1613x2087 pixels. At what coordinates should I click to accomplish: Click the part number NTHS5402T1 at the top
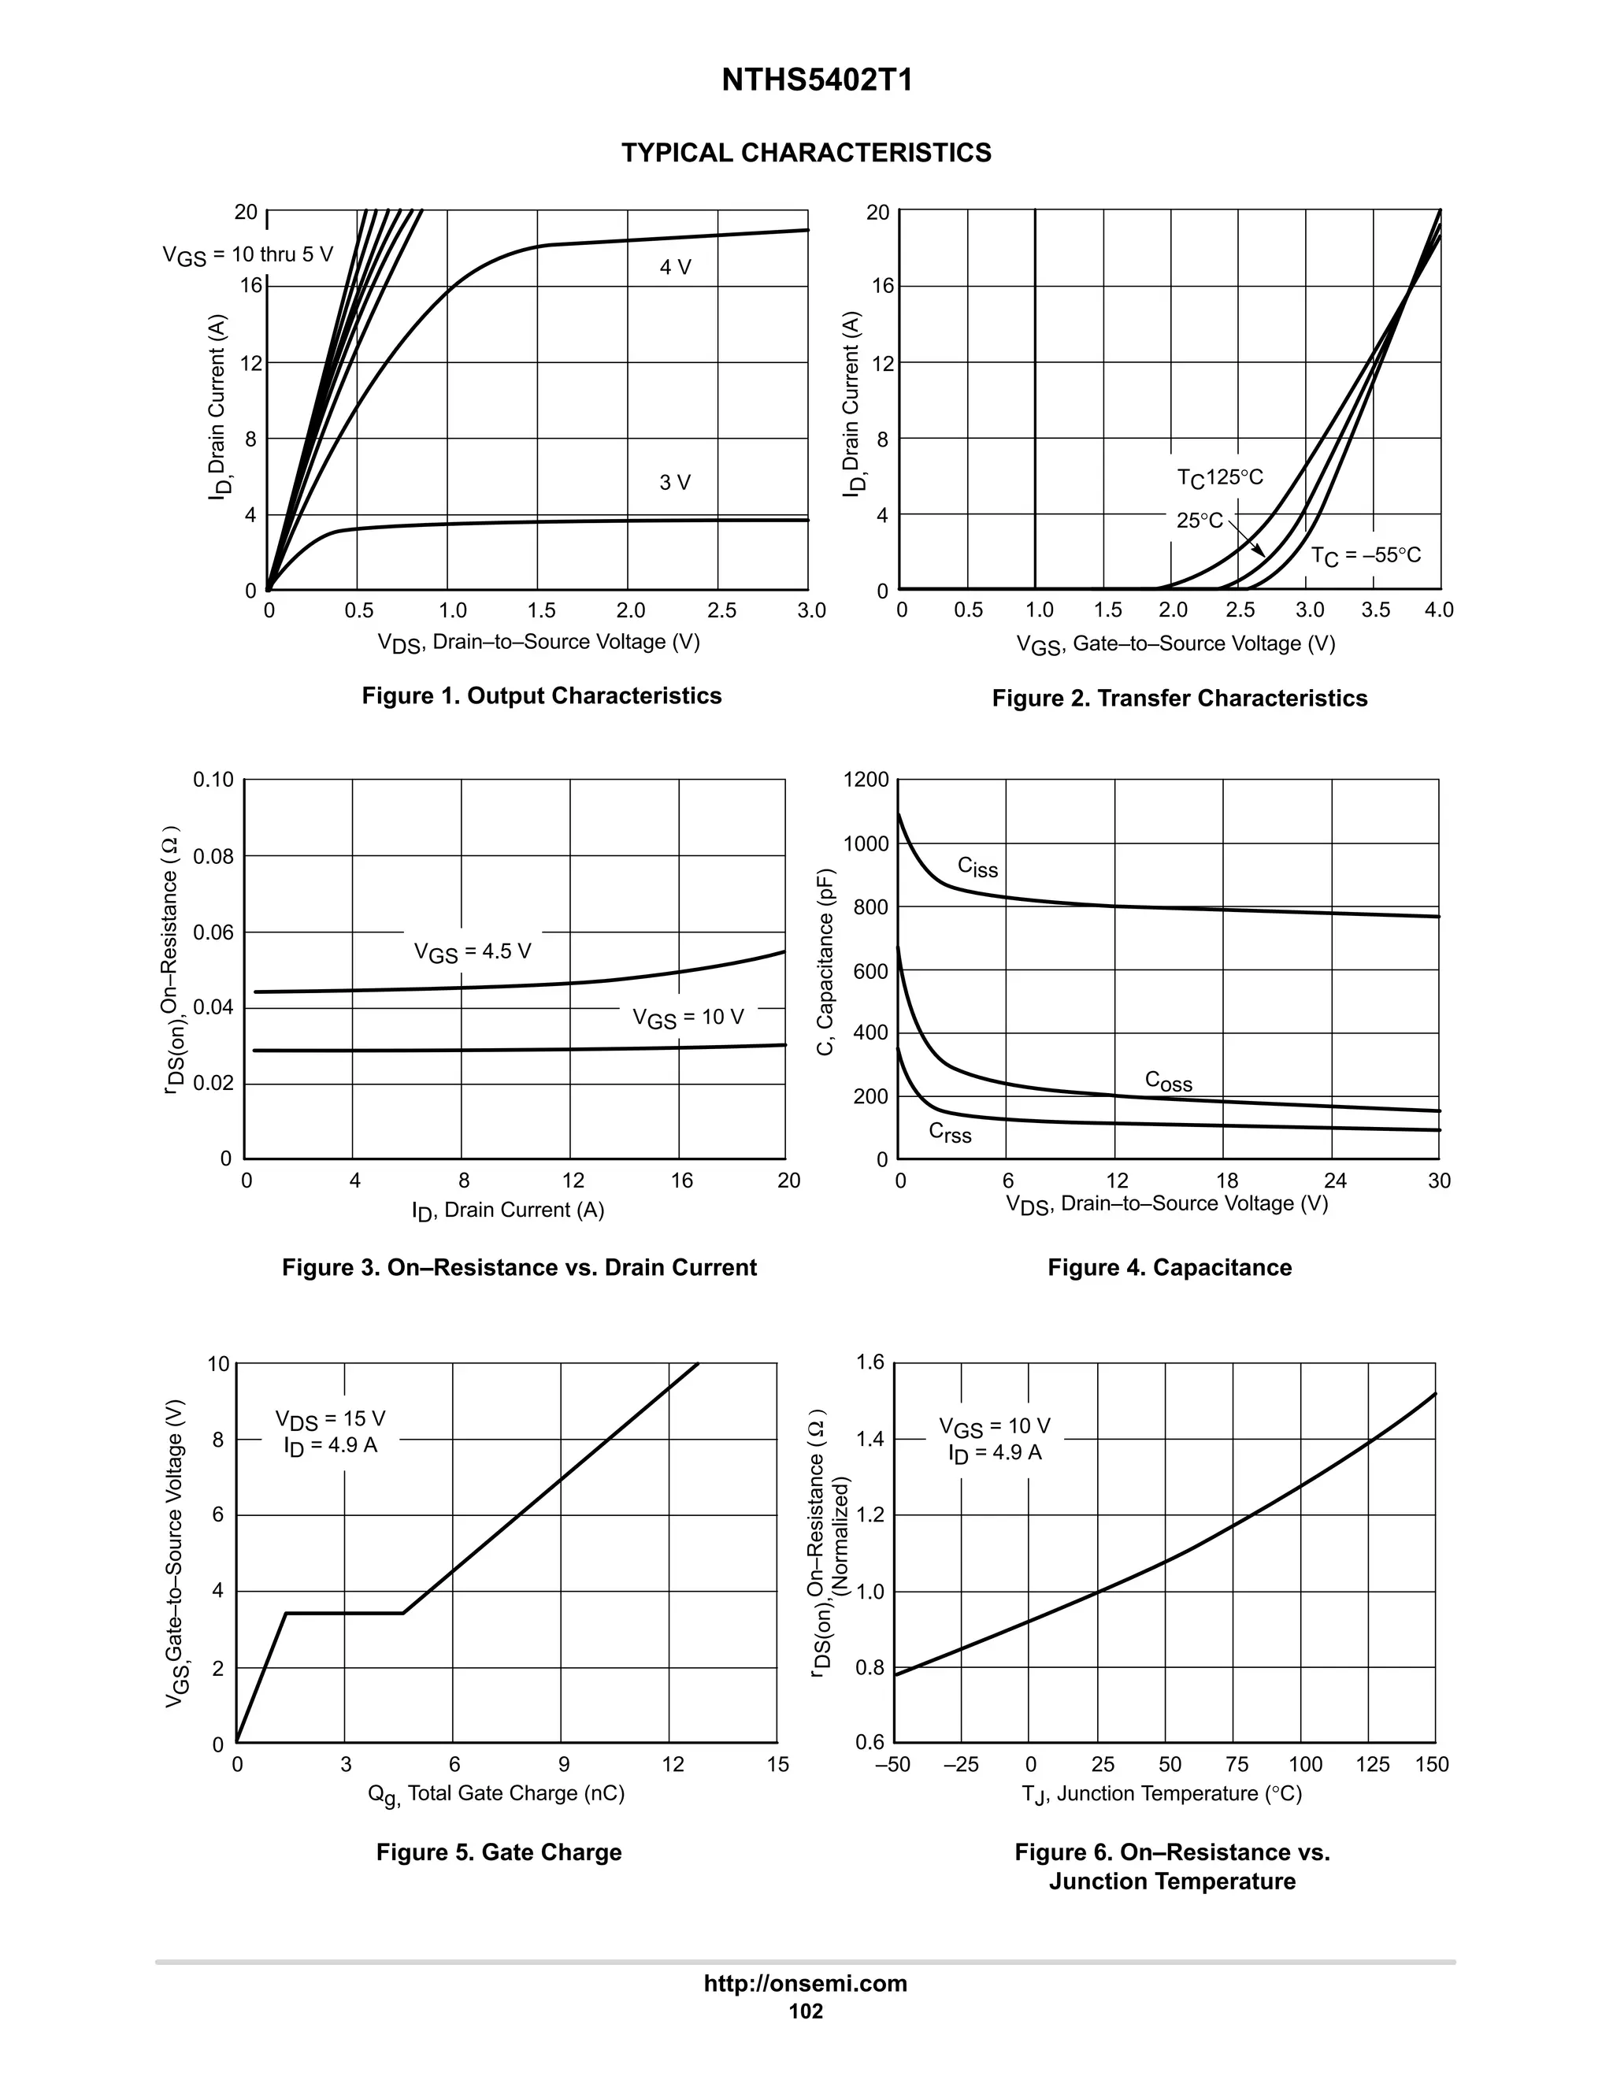(x=816, y=80)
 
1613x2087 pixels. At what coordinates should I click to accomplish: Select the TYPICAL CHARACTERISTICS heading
(x=806, y=153)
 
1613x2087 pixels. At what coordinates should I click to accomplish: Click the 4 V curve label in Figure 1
(x=675, y=268)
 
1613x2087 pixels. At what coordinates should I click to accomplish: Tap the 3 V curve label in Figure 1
(x=675, y=483)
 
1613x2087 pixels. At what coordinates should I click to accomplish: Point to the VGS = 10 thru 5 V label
(x=247, y=255)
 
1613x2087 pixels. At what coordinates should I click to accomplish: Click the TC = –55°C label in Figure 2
(x=1366, y=555)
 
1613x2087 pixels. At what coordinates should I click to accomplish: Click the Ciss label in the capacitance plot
(x=977, y=867)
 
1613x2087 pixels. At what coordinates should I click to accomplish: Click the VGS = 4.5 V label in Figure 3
(x=472, y=952)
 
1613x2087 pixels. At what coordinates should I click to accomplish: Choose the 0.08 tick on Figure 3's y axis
(x=213, y=856)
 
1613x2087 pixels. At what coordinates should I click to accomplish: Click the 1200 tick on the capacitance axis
(x=866, y=780)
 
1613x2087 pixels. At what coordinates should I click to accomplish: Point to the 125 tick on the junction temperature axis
(x=1372, y=1765)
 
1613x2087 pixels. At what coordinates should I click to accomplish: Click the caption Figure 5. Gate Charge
(x=499, y=1852)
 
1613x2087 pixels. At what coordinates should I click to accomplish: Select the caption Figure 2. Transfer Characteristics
(x=1179, y=699)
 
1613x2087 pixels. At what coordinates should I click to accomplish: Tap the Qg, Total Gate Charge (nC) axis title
(x=496, y=1793)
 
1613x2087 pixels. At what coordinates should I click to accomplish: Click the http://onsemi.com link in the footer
(x=805, y=1983)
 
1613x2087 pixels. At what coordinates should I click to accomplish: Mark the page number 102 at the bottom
(x=806, y=2011)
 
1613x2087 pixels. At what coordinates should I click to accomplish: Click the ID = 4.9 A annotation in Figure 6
(x=995, y=1454)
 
